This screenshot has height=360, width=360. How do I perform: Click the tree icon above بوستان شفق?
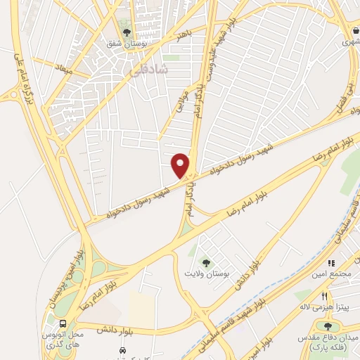pyautogui.click(x=127, y=32)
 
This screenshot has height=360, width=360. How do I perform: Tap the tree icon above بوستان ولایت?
pyautogui.click(x=206, y=261)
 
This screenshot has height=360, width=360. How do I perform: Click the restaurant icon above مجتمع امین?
pyautogui.click(x=332, y=263)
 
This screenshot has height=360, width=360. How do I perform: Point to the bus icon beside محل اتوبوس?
pyautogui.click(x=64, y=323)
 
